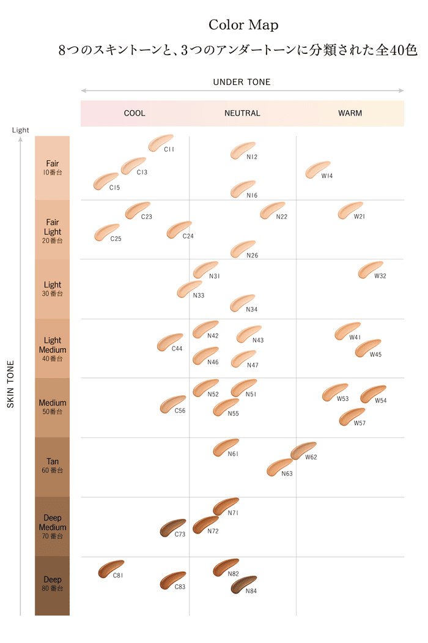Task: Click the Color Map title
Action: coord(243,25)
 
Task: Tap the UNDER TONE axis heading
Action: coord(242,82)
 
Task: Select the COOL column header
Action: coord(135,113)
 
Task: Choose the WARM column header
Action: coord(350,113)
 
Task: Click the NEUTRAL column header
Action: coord(242,113)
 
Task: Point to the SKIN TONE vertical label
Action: coord(10,384)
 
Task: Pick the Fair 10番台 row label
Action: coord(53,168)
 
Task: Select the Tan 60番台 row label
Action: coord(53,466)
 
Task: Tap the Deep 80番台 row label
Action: coord(53,584)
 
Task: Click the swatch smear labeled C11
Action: coord(161,143)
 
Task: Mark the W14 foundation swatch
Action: coord(318,169)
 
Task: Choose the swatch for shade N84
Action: coord(244,584)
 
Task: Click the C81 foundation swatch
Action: coord(111,569)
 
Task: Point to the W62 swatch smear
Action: coord(303,450)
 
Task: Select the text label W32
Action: coord(380,276)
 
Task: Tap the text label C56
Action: coord(180,411)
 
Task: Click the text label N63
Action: coord(287,474)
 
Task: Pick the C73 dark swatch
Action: coord(172,527)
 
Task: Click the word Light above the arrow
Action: coord(20,130)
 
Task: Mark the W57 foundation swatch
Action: coord(352,417)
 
